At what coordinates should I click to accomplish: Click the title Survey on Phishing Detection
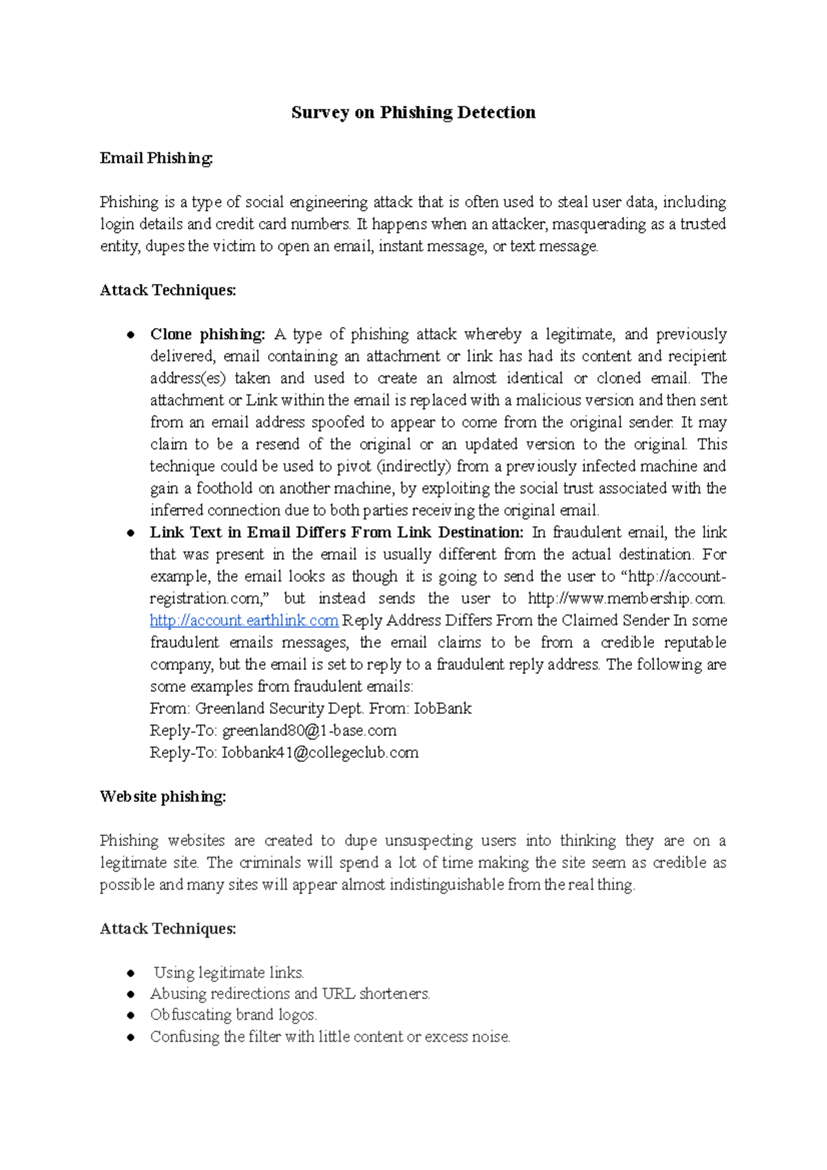point(413,112)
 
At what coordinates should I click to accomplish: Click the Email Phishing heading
point(156,158)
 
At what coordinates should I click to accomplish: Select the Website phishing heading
point(163,797)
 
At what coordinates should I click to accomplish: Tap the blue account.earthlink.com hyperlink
point(244,620)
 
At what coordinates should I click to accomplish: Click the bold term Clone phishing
point(207,334)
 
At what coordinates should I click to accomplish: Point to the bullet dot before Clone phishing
point(130,335)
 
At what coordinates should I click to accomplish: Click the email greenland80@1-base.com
point(309,730)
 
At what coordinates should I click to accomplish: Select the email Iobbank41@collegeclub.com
point(320,752)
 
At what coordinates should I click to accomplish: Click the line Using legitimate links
point(228,973)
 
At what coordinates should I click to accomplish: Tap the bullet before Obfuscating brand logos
point(130,1016)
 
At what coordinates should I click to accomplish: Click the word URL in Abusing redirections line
point(338,994)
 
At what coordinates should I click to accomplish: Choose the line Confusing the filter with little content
point(329,1036)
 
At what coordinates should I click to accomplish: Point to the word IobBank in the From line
point(442,708)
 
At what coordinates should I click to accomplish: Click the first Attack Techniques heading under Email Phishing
point(168,290)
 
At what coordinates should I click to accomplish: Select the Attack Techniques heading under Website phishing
point(168,929)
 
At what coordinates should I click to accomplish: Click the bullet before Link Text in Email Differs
point(130,533)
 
